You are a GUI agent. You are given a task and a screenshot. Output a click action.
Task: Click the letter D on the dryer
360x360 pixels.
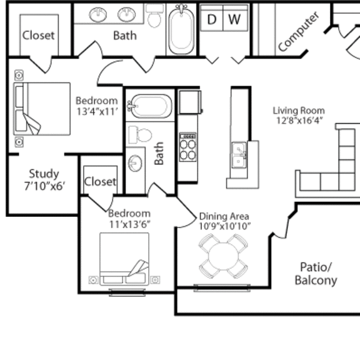pyautogui.click(x=212, y=19)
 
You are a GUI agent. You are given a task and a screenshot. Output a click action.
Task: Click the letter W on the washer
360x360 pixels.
pyautogui.click(x=234, y=19)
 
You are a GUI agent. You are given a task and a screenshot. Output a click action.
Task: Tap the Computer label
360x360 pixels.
pyautogui.click(x=299, y=31)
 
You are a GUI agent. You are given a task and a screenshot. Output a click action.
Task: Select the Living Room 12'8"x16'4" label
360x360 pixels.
pyautogui.click(x=299, y=115)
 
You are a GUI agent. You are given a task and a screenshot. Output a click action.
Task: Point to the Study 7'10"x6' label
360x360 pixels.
pyautogui.click(x=44, y=179)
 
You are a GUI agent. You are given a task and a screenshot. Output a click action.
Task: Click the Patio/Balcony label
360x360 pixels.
pyautogui.click(x=316, y=274)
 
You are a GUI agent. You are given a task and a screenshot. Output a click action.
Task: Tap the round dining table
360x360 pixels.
pyautogui.click(x=224, y=256)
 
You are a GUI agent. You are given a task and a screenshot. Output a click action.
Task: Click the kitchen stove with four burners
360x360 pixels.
pyautogui.click(x=187, y=147)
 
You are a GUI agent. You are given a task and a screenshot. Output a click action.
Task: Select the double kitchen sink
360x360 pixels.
pyautogui.click(x=239, y=155)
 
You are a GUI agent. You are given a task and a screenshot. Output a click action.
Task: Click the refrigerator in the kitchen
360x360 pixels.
pyautogui.click(x=191, y=102)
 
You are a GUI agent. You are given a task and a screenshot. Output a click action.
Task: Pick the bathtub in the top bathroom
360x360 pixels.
pyautogui.click(x=181, y=29)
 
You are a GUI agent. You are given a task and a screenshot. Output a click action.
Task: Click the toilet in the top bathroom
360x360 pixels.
pyautogui.click(x=154, y=16)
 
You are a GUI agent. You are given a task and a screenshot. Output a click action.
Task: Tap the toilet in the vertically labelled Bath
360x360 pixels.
pyautogui.click(x=140, y=135)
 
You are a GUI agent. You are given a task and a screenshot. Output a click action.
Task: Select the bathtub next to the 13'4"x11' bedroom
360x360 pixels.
pyautogui.click(x=150, y=106)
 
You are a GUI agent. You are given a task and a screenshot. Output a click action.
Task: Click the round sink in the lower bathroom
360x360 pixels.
pyautogui.click(x=135, y=163)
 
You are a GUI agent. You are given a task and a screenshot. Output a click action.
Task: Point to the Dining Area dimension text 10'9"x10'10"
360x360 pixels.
pyautogui.click(x=224, y=226)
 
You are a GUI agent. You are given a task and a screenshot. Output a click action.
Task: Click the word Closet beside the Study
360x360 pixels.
pyautogui.click(x=100, y=182)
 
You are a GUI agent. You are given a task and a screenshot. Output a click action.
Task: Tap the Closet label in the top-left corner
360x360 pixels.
pyautogui.click(x=39, y=36)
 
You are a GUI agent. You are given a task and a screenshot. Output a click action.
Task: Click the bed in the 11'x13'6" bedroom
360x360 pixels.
pyautogui.click(x=124, y=259)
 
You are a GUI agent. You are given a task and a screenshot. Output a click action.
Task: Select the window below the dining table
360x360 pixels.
pyautogui.click(x=222, y=288)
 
